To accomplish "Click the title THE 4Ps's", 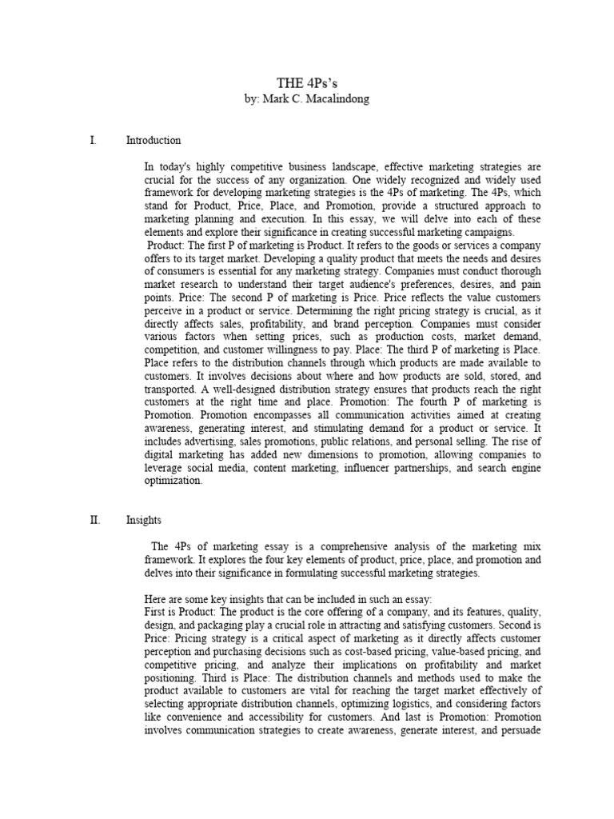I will [x=306, y=85].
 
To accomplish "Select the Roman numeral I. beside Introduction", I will [x=93, y=141].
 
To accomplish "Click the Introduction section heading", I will [x=153, y=141].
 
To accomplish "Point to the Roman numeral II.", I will [x=94, y=520].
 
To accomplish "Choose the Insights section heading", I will [x=143, y=520].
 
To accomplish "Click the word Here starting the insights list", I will [x=154, y=598].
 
